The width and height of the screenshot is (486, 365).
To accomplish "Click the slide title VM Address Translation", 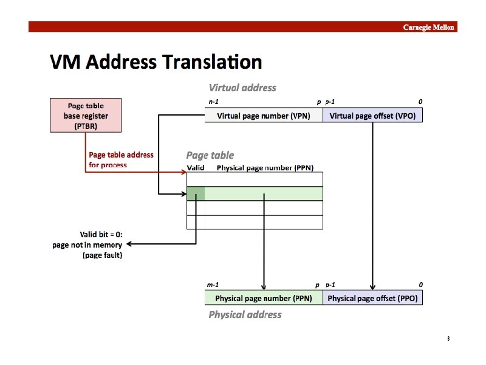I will pyautogui.click(x=156, y=62).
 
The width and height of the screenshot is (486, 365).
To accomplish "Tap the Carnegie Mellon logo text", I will pyautogui.click(x=429, y=27).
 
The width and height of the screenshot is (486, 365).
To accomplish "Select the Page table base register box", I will pyautogui.click(x=85, y=116).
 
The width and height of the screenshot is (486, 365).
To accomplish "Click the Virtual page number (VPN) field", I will pyautogui.click(x=263, y=116).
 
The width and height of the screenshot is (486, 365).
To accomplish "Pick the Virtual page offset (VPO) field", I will pyautogui.click(x=372, y=116).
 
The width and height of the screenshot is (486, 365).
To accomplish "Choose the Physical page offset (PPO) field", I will pyautogui.click(x=372, y=299).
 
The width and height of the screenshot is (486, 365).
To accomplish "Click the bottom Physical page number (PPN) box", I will pyautogui.click(x=263, y=299).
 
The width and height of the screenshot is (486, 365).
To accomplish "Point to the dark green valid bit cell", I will pyautogui.click(x=196, y=194).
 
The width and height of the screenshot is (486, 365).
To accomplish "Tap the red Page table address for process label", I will pyautogui.click(x=122, y=159).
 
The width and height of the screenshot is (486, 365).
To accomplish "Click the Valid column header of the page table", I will pyautogui.click(x=196, y=167).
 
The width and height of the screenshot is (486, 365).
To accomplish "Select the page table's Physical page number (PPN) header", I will pyautogui.click(x=265, y=167).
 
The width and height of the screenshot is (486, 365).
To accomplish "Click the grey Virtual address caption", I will pyautogui.click(x=242, y=88).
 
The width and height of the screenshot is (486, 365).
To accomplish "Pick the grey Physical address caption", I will pyautogui.click(x=245, y=315).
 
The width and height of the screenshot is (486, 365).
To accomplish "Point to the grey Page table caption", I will pyautogui.click(x=210, y=155).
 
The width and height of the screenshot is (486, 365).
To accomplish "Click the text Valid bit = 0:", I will pyautogui.click(x=101, y=234).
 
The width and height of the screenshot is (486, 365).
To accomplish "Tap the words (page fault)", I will pyautogui.click(x=102, y=255).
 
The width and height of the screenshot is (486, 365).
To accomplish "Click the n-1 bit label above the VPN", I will pyautogui.click(x=213, y=102).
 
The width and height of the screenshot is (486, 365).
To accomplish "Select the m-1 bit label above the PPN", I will pyautogui.click(x=213, y=285).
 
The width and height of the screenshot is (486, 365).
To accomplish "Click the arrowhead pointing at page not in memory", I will pyautogui.click(x=128, y=245).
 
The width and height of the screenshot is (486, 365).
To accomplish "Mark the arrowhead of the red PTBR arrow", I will pyautogui.click(x=183, y=172).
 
